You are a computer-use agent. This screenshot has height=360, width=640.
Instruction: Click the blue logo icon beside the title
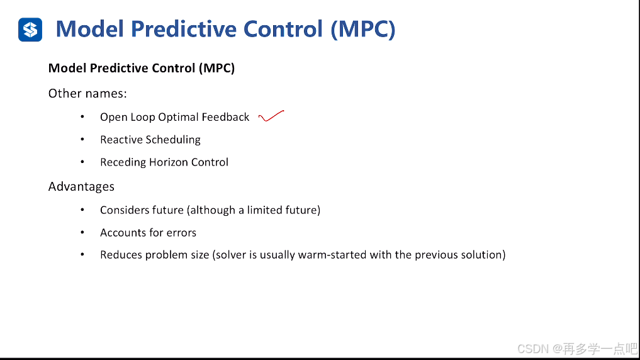[30, 30]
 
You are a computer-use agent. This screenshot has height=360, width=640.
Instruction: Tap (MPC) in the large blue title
[363, 30]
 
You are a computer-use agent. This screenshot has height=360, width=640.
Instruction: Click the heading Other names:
[87, 93]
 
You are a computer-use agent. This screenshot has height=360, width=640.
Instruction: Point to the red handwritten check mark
[271, 116]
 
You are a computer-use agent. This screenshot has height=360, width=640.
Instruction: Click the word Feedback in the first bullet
[225, 117]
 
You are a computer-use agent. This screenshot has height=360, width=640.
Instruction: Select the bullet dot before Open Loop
[82, 117]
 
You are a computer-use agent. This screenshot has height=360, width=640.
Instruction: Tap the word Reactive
[121, 140]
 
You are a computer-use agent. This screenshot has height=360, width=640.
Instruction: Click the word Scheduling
[173, 140]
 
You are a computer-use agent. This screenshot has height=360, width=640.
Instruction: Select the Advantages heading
[81, 186]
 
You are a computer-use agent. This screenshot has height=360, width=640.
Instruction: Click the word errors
[181, 233]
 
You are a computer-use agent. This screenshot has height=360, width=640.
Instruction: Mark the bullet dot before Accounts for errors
[82, 233]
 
